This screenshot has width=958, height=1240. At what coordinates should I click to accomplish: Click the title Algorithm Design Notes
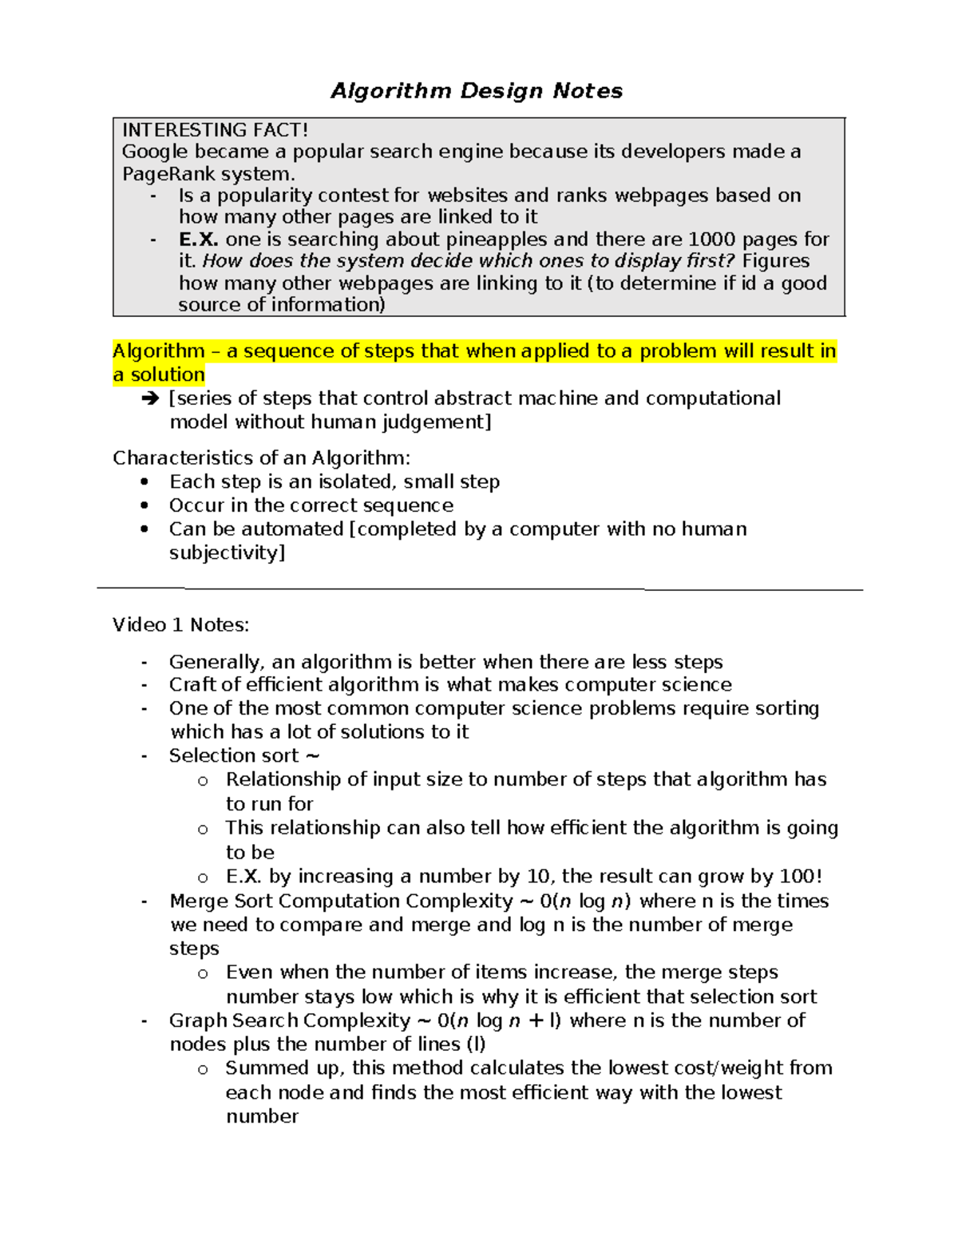pos(477,91)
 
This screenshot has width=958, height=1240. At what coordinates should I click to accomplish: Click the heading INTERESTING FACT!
pos(215,130)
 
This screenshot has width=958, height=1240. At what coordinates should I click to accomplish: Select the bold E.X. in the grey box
pos(198,240)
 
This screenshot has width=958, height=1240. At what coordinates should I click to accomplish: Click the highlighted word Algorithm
pos(159,351)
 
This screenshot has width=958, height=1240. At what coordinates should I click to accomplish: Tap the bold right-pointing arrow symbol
pos(149,398)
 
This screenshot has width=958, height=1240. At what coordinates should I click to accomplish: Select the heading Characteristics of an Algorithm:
pos(261,458)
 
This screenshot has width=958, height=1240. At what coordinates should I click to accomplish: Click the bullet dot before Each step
pos(144,481)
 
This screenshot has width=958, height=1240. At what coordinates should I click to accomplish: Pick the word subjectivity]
pos(227,553)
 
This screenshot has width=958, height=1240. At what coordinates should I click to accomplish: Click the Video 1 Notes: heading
pos(180,625)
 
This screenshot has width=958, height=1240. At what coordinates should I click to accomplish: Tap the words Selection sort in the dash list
pos(234,755)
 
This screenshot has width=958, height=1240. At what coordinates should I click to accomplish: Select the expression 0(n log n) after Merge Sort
pos(585,901)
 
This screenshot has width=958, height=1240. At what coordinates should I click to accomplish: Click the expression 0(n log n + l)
pos(499,1021)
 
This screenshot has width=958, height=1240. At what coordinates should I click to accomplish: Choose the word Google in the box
pos(155,152)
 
